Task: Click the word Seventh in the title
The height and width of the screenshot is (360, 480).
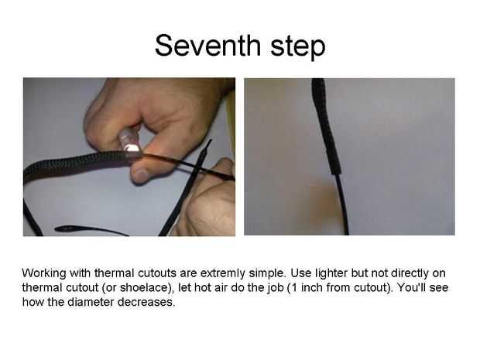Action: pyautogui.click(x=208, y=46)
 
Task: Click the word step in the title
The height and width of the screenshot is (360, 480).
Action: pyautogui.click(x=298, y=46)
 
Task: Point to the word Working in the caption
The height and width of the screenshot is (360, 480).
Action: pyautogui.click(x=44, y=273)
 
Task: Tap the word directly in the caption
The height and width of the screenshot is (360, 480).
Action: pyautogui.click(x=410, y=273)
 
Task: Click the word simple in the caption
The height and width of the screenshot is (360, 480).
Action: pyautogui.click(x=267, y=273)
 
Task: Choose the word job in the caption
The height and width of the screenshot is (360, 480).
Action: pyautogui.click(x=274, y=289)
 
